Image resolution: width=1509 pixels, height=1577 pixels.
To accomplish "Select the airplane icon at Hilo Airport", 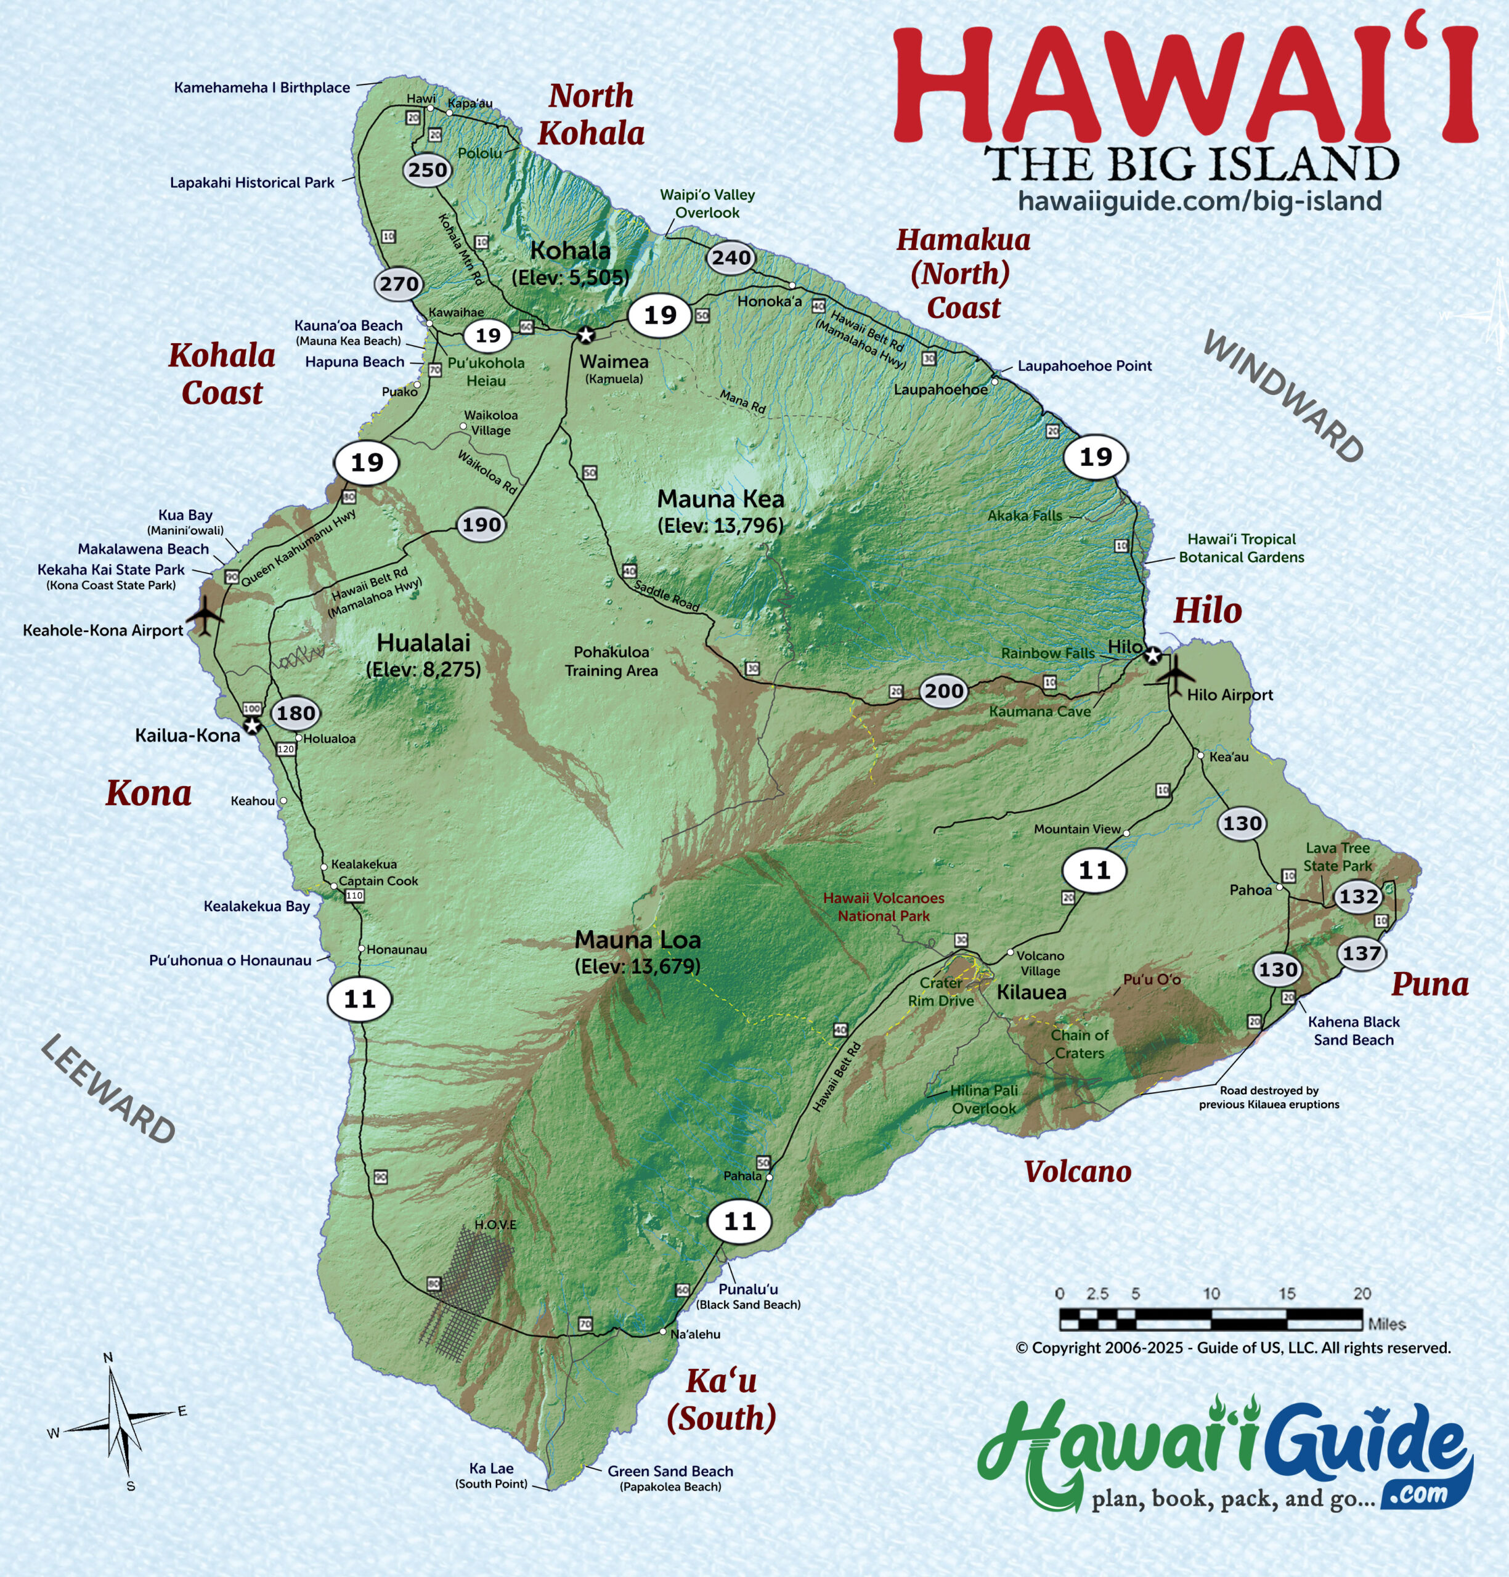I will click(x=1177, y=674).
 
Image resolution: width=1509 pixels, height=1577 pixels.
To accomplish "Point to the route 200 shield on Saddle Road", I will click(x=943, y=691).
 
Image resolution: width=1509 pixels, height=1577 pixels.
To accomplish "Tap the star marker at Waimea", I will click(x=585, y=334).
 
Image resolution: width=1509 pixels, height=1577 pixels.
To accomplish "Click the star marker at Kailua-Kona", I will click(x=253, y=726).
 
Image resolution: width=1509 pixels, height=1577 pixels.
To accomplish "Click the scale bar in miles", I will click(x=1211, y=1319).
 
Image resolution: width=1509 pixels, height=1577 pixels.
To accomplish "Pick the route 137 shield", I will click(x=1361, y=954).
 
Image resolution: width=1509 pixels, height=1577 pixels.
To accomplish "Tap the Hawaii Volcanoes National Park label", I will click(x=883, y=906).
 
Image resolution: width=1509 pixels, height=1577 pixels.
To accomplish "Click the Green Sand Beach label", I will click(x=670, y=1471).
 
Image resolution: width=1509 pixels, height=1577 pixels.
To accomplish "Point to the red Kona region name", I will click(x=149, y=793).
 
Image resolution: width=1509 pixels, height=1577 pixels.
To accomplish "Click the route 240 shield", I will click(x=730, y=258).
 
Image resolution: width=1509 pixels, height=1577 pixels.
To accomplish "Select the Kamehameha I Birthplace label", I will click(x=262, y=87).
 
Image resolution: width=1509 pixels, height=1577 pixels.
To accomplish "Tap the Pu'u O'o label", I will click(x=1151, y=979).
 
